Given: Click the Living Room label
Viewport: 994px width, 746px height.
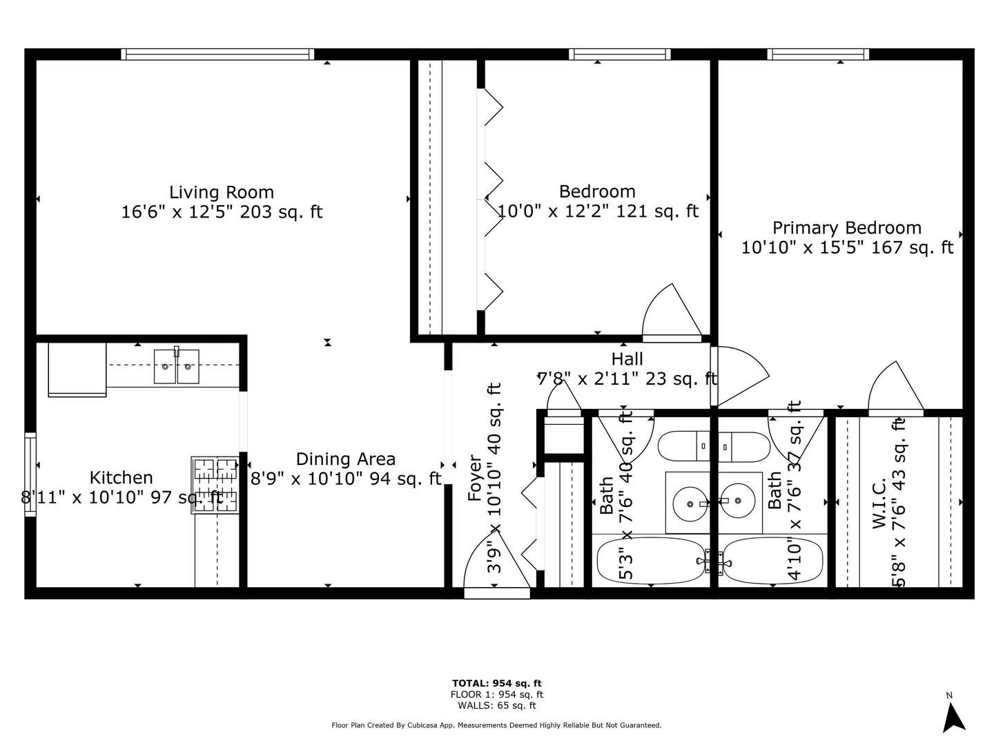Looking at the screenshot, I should click(222, 192).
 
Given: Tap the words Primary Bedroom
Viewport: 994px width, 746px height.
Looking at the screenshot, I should click(846, 228).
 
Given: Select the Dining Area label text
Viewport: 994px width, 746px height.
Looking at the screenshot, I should click(345, 459).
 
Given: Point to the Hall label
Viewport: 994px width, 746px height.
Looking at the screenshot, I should click(627, 359).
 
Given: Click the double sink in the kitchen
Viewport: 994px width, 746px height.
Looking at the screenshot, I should click(176, 366).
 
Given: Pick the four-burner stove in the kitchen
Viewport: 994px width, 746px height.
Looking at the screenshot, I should click(215, 485).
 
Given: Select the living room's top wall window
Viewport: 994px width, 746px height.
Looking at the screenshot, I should click(217, 55).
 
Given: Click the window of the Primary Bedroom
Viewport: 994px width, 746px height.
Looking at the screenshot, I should click(817, 55).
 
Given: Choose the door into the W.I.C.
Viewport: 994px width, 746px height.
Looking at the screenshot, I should click(895, 390).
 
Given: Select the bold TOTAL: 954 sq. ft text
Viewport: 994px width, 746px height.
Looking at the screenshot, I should click(496, 683).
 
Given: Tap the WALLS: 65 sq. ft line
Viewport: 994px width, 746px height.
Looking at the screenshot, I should click(496, 705).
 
